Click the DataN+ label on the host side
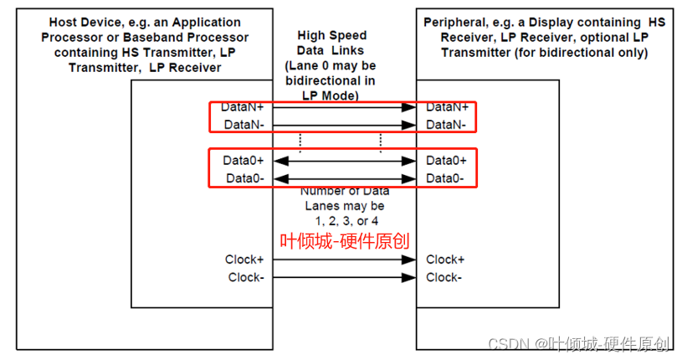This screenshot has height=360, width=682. coord(243,107)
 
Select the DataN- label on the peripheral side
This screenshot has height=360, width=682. coord(446,124)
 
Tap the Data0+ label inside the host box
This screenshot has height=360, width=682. coord(244,160)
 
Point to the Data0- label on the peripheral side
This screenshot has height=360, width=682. coord(446,178)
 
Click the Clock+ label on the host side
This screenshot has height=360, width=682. coord(244,260)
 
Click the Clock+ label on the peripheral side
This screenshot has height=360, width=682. coord(446,260)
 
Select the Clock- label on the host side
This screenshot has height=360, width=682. coord(244,277)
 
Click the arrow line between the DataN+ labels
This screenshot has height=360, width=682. coord(344,107)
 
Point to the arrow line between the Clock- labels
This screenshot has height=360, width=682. coord(344,277)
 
